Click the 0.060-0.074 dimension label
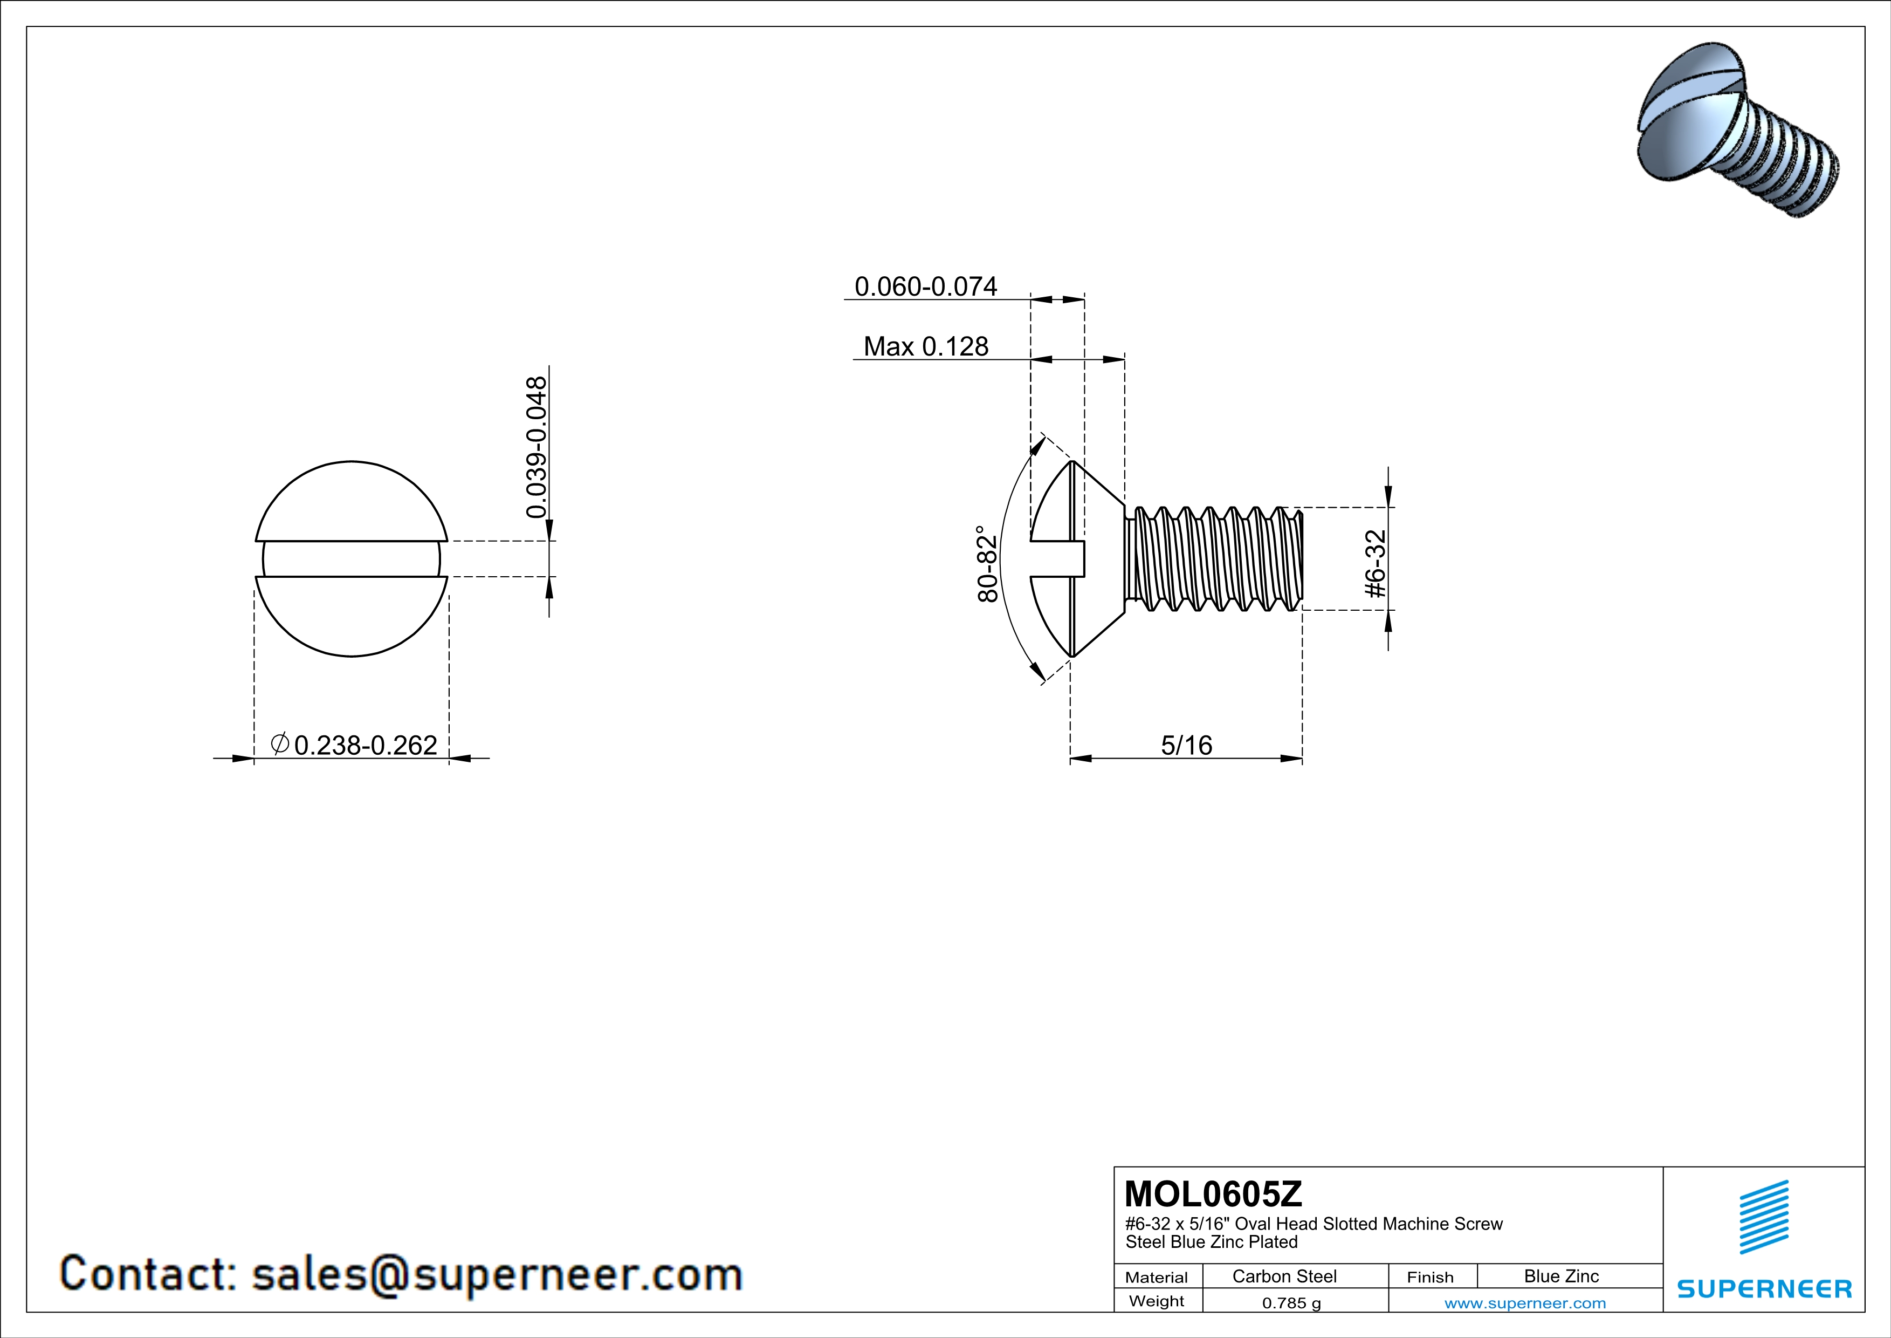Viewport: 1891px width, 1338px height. pos(926,286)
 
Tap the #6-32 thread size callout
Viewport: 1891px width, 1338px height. pos(1376,564)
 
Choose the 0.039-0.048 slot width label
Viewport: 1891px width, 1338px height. pos(536,447)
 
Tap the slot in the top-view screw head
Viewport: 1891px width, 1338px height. pos(352,559)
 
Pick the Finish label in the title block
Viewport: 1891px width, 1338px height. pos(1430,1277)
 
